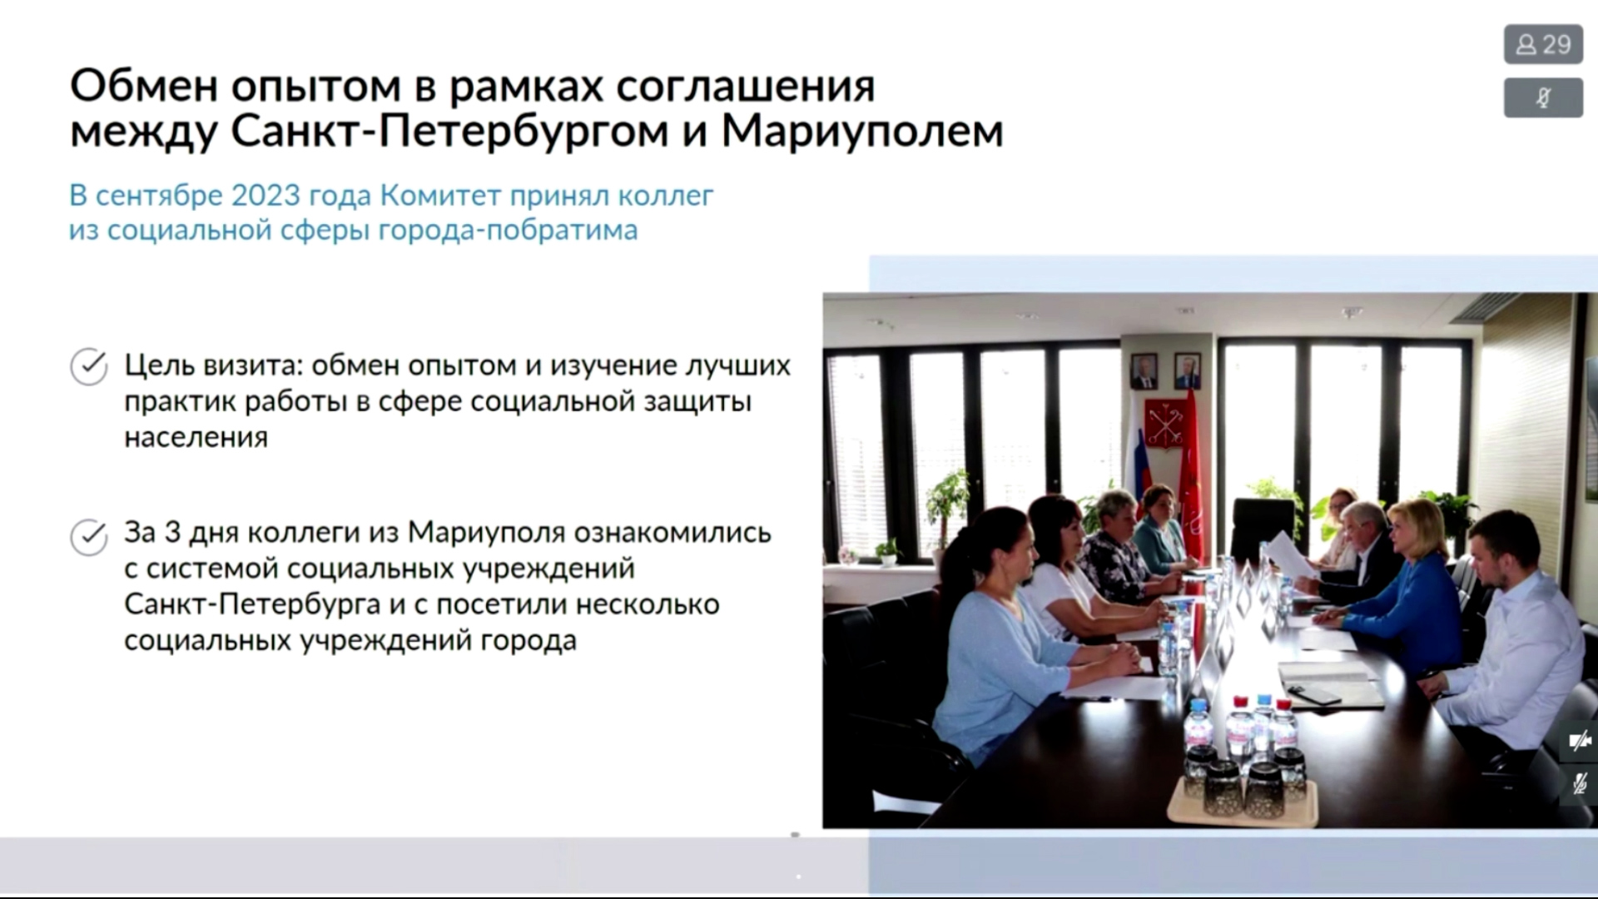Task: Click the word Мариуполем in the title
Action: [862, 131]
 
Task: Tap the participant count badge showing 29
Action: [1543, 44]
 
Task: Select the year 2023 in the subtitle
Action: [266, 196]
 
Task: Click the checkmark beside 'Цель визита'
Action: [89, 366]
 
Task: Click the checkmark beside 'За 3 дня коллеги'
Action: [89, 537]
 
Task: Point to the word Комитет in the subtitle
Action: [440, 196]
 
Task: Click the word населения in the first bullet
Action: [196, 437]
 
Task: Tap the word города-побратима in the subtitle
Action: [508, 231]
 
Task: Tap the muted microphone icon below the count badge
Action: [1543, 98]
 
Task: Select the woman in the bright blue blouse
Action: [1407, 583]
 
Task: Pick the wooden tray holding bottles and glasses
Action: [1242, 803]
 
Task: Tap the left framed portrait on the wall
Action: [1144, 371]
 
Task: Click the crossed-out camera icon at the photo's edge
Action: [1579, 741]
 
